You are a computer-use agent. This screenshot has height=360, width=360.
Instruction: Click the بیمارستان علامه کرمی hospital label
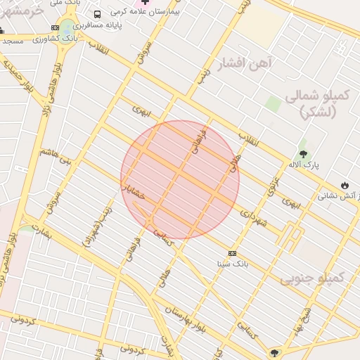tap(190, 13)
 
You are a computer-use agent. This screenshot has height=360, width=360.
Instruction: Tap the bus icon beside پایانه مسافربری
tap(96, 14)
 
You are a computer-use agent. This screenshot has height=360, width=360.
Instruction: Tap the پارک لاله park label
tap(303, 165)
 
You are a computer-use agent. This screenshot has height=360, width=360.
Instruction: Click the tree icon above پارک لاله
tap(303, 153)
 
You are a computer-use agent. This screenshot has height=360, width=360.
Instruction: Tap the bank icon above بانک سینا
tap(232, 253)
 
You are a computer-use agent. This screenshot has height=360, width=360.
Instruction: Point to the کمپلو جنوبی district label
tap(314, 278)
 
